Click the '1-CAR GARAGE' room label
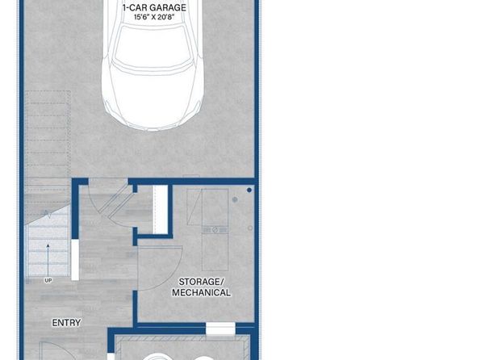(154, 7)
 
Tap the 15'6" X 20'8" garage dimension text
(154, 17)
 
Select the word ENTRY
(66, 323)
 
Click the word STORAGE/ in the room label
(202, 282)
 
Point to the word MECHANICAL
(201, 292)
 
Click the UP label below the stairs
(48, 281)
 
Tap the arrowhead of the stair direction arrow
(48, 246)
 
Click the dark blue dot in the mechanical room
(249, 190)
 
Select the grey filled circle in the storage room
(235, 200)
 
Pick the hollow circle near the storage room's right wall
(250, 228)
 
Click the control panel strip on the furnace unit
(215, 229)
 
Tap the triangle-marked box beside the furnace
(194, 207)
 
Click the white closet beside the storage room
(160, 209)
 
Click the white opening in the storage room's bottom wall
(220, 329)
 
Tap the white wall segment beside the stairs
(75, 260)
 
